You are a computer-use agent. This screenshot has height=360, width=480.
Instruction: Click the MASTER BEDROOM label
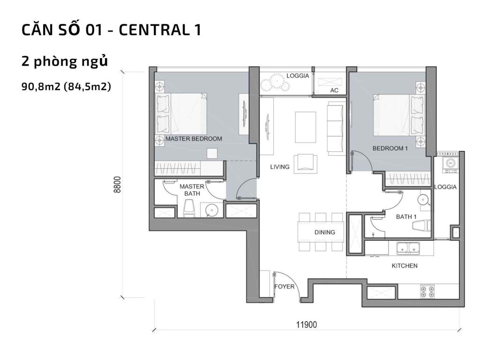pos(194,139)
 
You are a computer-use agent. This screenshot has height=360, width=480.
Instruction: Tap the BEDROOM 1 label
pos(390,148)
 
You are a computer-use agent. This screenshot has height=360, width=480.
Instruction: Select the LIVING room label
pos(279,167)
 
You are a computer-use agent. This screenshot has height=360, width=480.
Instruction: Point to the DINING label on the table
pos(324,232)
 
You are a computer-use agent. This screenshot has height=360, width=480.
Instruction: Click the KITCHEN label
pos(405,266)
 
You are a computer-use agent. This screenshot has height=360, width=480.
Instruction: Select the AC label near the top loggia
pos(334,90)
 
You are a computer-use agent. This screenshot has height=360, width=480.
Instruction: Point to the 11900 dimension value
pos(307,324)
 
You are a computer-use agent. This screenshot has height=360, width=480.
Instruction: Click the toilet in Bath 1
pos(422,226)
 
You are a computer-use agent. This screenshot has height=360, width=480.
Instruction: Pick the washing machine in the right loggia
pos(450,163)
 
